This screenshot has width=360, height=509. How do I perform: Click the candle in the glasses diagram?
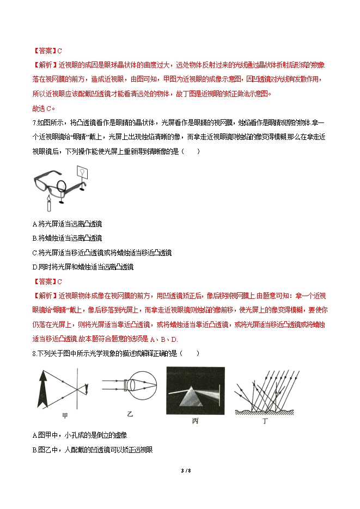coord(49,205)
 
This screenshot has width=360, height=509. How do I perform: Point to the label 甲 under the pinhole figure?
coord(65,416)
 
